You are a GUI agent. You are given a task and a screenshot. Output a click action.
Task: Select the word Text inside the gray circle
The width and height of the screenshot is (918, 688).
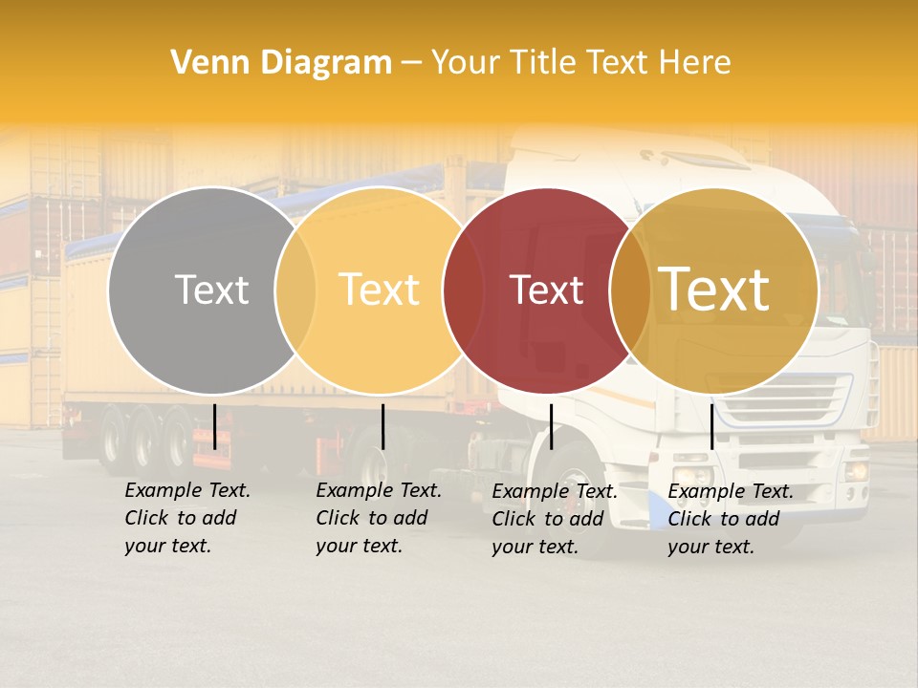tap(211, 290)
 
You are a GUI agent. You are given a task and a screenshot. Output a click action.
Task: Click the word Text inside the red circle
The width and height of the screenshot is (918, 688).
tap(546, 290)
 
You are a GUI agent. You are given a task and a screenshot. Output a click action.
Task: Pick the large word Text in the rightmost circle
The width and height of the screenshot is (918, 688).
tap(714, 290)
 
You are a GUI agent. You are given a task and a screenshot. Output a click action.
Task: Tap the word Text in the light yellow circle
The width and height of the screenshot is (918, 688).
tap(380, 290)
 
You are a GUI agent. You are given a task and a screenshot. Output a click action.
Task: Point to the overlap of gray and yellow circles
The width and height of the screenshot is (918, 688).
tap(295, 290)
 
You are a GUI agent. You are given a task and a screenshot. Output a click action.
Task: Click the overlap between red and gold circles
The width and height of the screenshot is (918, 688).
tap(630, 290)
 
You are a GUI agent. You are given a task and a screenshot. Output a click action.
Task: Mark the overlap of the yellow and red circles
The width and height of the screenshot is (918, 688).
tap(463, 290)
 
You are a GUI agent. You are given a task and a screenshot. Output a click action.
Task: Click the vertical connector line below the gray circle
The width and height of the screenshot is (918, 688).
tap(214, 426)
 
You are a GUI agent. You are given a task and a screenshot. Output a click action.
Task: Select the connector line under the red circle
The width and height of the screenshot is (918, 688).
tap(551, 426)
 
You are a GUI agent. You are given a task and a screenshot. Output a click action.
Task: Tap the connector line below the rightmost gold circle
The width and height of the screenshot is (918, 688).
tap(711, 426)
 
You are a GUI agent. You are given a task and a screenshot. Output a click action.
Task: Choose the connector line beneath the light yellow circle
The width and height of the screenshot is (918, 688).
tap(382, 426)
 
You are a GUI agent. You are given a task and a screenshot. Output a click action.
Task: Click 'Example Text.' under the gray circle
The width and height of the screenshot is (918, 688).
tap(187, 490)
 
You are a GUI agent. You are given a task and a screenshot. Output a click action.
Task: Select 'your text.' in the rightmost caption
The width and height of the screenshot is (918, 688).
tap(710, 547)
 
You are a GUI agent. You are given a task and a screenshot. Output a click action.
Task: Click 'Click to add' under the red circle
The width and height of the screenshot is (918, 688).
tap(548, 519)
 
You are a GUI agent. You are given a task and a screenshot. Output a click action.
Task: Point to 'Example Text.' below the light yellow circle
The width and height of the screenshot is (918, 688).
tap(379, 490)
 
